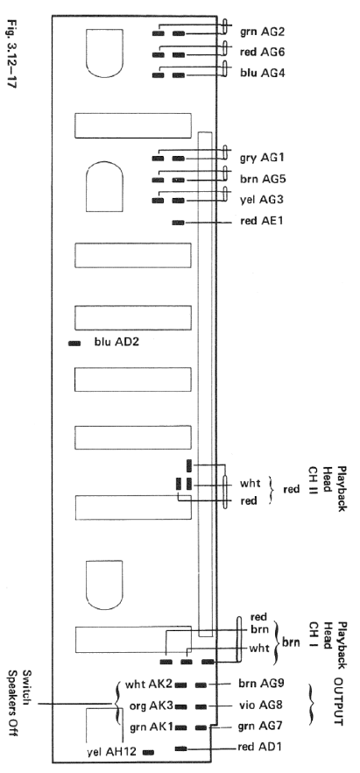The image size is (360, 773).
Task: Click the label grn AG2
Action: (263, 32)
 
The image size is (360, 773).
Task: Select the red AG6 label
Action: (263, 52)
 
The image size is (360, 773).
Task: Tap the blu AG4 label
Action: (263, 73)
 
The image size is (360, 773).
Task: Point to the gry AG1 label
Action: (262, 159)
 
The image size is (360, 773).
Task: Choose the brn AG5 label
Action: (263, 179)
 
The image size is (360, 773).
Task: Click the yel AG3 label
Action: (262, 200)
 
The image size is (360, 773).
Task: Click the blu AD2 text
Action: (116, 341)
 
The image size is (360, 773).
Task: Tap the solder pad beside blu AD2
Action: (74, 344)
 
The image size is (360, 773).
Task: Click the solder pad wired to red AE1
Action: (178, 223)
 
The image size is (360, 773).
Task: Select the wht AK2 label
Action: (148, 684)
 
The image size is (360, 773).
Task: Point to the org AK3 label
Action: (150, 705)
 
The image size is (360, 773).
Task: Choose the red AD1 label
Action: (259, 747)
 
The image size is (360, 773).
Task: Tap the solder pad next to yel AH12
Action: (148, 752)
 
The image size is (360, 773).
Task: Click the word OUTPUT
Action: (338, 701)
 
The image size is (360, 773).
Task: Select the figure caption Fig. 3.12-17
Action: (12, 53)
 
